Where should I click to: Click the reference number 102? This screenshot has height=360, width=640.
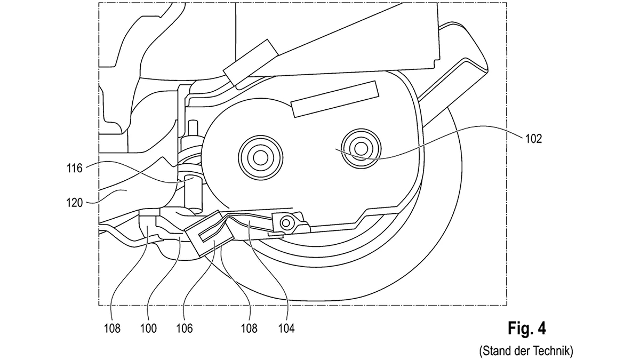(x=534, y=139)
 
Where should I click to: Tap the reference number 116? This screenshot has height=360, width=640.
(x=75, y=169)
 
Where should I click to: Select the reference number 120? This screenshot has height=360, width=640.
(x=75, y=203)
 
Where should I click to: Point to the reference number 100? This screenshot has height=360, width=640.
(x=149, y=329)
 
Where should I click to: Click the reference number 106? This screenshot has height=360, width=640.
(x=185, y=329)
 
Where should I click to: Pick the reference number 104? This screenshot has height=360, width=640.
(x=286, y=329)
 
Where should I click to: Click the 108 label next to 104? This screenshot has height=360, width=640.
(x=249, y=329)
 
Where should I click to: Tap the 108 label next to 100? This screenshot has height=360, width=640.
(x=112, y=329)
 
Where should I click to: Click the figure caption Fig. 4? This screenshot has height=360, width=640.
(x=526, y=328)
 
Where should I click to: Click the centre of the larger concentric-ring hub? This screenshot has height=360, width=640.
(x=261, y=158)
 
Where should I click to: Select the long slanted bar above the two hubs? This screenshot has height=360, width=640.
(x=335, y=99)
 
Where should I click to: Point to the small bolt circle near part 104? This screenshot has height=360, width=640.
(x=286, y=222)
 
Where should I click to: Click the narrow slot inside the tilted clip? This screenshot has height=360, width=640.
(x=210, y=231)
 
